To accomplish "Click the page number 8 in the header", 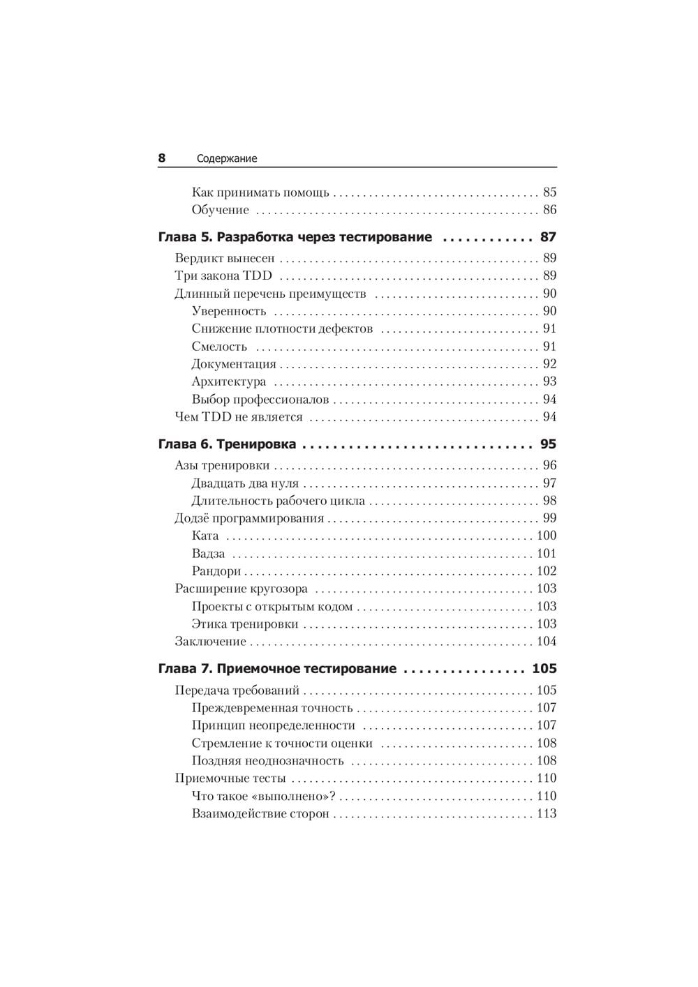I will [162, 158].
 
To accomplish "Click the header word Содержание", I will [227, 159].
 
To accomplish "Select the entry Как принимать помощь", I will [260, 193].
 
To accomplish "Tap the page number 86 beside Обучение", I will [549, 210].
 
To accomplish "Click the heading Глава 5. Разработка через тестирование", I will [295, 237].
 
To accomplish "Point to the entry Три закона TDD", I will [223, 276].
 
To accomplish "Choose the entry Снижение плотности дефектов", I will [282, 329].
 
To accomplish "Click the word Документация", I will [234, 364].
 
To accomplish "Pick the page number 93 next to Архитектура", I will [549, 382].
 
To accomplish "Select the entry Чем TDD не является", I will [239, 417].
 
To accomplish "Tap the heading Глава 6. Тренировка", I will [228, 444].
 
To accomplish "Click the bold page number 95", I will [548, 444].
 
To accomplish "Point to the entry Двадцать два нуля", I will [245, 483].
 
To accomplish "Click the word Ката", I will [205, 536].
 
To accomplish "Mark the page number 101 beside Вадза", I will [546, 554].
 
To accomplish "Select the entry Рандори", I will [216, 571].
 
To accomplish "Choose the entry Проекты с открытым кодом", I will [272, 607].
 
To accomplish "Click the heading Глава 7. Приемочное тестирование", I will [277, 669].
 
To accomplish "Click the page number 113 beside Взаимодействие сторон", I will [546, 813].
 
